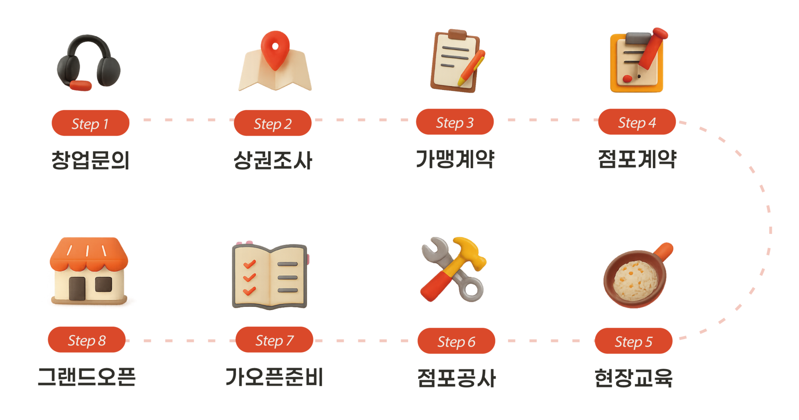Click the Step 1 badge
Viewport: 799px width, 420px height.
pyautogui.click(x=90, y=123)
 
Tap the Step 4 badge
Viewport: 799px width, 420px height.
pyautogui.click(x=637, y=122)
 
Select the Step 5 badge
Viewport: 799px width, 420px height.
pyautogui.click(x=633, y=341)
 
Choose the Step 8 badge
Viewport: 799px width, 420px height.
pyautogui.click(x=87, y=340)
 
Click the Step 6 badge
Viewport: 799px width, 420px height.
pyautogui.click(x=456, y=341)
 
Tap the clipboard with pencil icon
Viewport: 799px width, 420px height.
pyautogui.click(x=457, y=60)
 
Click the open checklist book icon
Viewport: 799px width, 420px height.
pyautogui.click(x=270, y=276)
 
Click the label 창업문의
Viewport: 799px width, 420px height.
pyautogui.click(x=90, y=160)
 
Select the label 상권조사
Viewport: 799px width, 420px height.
pyautogui.click(x=273, y=160)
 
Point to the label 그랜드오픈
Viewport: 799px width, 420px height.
pyautogui.click(x=87, y=377)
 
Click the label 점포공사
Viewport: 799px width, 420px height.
pyautogui.click(x=457, y=378)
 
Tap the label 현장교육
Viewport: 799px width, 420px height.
pyautogui.click(x=633, y=378)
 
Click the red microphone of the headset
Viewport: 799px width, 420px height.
pyautogui.click(x=81, y=85)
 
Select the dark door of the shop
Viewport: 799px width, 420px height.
pyautogui.click(x=77, y=288)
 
